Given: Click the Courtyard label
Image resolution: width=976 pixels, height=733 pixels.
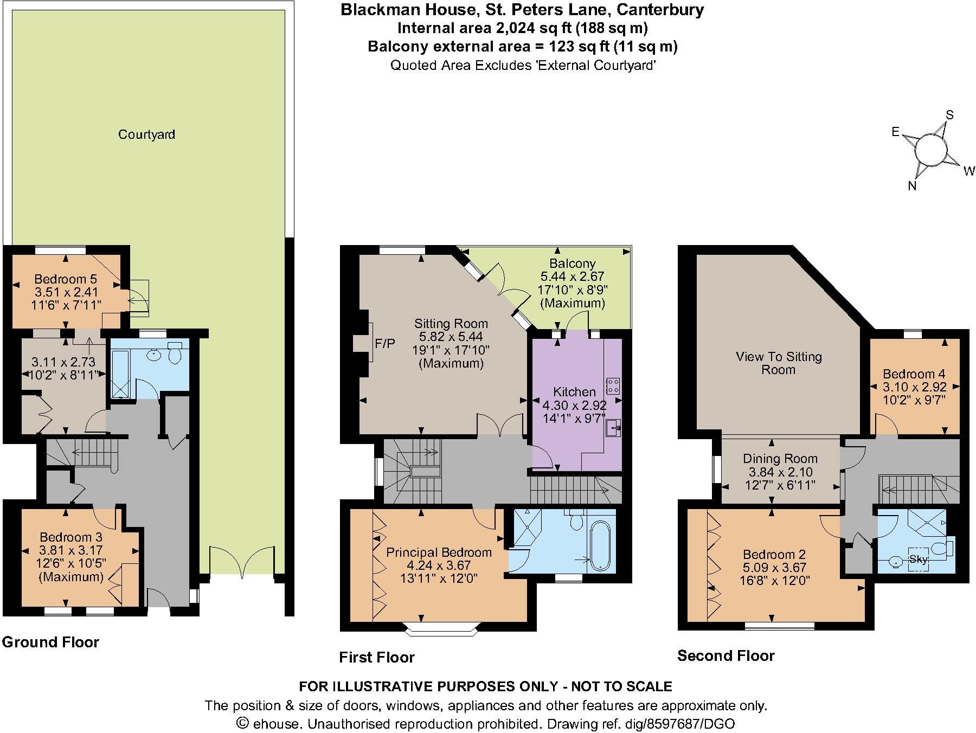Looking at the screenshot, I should coord(146,134).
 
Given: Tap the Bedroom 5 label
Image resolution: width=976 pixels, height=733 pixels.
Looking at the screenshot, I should coord(65,279).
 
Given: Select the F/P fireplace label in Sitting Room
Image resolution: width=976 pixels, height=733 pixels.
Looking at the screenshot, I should coord(385,343).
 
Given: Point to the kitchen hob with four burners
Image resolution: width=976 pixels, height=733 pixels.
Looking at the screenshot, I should coord(614,385).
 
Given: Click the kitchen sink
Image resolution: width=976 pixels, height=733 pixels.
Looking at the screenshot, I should coord(614,428).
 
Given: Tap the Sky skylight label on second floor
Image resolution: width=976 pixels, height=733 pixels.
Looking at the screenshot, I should coord(918,560).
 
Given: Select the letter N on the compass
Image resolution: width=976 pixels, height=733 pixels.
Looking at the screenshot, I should coord(913,186).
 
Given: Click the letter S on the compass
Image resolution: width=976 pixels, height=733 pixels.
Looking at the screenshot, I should coord(949,115).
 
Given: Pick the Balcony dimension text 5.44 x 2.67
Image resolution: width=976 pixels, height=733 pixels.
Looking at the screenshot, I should coord(572,277).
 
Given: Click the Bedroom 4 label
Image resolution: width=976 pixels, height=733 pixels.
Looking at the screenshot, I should coord(914,374).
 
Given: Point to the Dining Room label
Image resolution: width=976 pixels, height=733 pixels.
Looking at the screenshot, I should coord(780,459).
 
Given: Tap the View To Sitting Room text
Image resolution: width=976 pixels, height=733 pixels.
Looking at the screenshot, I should coord(779,363).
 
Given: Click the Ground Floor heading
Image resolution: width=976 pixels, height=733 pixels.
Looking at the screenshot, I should coord(50,642).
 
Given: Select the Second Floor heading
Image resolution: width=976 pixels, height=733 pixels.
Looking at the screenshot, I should coord(725,656).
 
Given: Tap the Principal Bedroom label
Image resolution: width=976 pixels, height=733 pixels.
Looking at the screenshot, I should coord(439,552).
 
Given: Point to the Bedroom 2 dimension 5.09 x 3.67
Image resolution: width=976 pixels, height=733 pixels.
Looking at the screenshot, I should coord(774,568).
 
